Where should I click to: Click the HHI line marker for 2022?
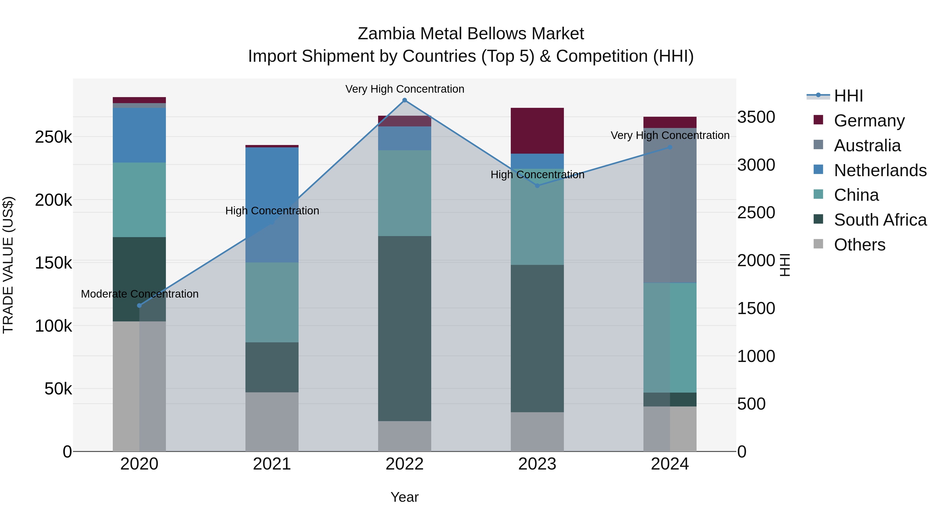coord(405,100)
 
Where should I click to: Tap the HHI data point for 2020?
coord(139,305)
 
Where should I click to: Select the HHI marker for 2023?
coord(537,186)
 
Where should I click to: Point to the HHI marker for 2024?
coord(670,147)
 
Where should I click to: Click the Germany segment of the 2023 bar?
coord(537,131)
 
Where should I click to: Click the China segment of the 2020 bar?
coord(139,200)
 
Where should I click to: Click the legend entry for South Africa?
coord(880,220)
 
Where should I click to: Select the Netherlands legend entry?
coord(880,170)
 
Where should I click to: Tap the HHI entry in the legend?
coord(848,96)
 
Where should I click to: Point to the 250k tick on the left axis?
coord(53,137)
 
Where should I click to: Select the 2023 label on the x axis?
coord(537,464)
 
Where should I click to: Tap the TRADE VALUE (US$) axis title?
coord(8,265)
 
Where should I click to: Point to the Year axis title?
coord(405,497)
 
